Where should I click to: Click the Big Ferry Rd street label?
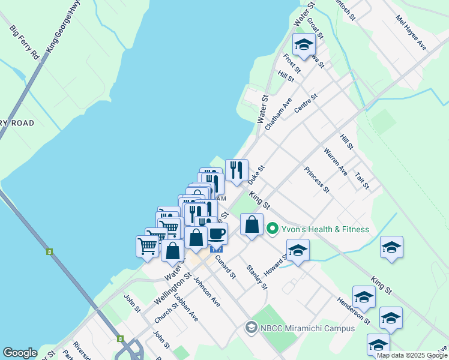25,41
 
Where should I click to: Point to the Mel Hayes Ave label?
411,37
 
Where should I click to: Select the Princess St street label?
317,179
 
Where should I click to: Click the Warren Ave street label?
336,161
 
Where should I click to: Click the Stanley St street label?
257,277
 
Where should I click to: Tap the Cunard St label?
226,266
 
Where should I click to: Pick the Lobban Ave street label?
185,308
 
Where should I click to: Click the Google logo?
20,353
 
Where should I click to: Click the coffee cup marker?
217,233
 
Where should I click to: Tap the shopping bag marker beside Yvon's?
252,225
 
